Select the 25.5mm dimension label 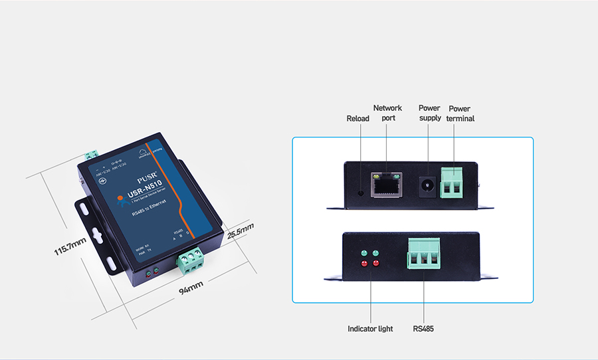241,230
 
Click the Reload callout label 358,119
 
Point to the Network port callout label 387,113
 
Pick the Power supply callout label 429,113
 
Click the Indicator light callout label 370,329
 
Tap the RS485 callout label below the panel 423,329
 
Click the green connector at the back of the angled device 92,155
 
